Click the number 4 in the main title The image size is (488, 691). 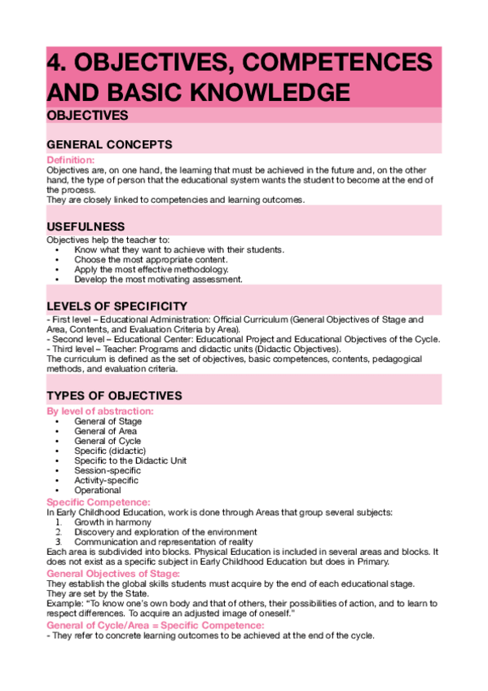click(x=56, y=63)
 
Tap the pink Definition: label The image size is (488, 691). click(x=71, y=160)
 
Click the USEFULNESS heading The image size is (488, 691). click(x=86, y=226)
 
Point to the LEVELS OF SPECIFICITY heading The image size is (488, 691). click(x=118, y=306)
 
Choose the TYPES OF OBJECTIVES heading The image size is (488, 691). click(x=114, y=395)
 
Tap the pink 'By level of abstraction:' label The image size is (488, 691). click(x=100, y=412)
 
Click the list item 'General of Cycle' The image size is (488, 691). click(x=108, y=441)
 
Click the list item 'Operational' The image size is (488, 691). click(x=98, y=491)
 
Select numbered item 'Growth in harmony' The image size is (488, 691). click(x=112, y=522)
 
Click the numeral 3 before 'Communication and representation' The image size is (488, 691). click(x=59, y=542)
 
